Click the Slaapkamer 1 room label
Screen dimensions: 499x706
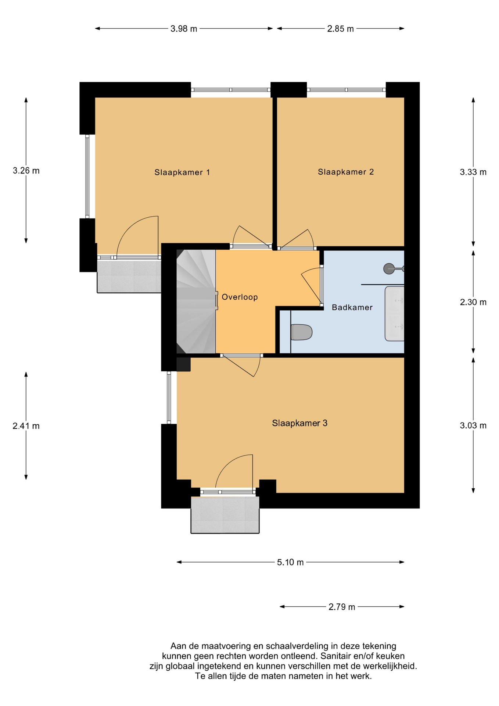click(x=182, y=172)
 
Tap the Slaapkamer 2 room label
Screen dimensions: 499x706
click(x=346, y=172)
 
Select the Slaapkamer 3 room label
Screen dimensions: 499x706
click(x=299, y=423)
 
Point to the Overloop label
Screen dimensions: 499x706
click(x=240, y=297)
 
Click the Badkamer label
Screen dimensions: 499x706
click(x=352, y=307)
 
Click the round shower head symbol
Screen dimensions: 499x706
click(x=389, y=269)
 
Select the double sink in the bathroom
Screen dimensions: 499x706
click(x=394, y=314)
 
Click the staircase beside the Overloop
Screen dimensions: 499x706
click(x=196, y=302)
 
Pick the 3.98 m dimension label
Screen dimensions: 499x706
click(x=184, y=29)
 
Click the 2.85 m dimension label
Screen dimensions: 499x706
click(x=340, y=29)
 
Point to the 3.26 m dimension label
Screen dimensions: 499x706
click(x=26, y=171)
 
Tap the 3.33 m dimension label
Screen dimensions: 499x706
click(x=473, y=172)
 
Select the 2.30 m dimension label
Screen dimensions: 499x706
click(x=473, y=302)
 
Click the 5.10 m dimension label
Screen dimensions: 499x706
click(x=290, y=562)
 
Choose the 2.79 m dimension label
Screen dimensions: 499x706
click(x=342, y=607)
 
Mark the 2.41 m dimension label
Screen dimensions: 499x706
click(x=26, y=426)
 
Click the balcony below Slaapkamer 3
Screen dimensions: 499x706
click(x=225, y=515)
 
